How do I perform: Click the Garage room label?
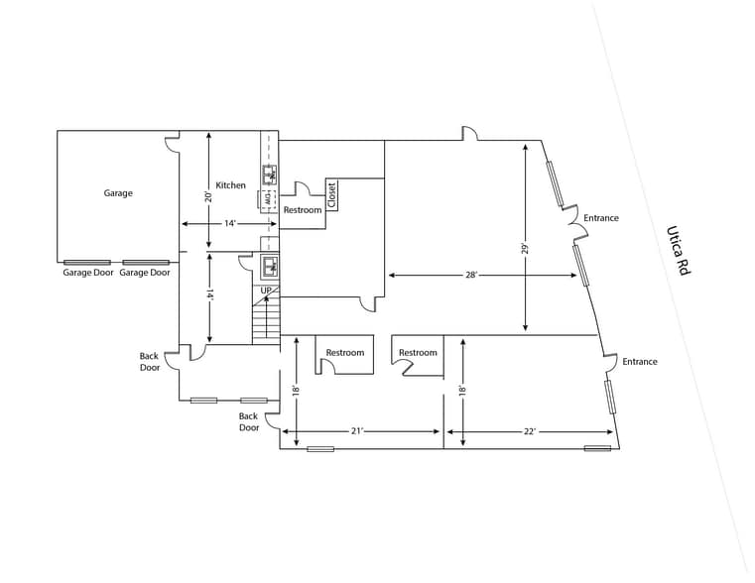click(118, 193)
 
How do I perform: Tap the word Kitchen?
click(230, 185)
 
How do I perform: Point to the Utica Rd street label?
click(678, 251)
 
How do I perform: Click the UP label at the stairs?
click(266, 291)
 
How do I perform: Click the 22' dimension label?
click(530, 431)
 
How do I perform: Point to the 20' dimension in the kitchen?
click(207, 196)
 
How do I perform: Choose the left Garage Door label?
click(87, 273)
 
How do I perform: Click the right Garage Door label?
click(145, 273)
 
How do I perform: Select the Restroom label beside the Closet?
click(303, 210)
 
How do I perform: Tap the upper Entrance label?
click(601, 218)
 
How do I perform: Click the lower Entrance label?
click(640, 362)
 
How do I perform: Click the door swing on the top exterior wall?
click(469, 134)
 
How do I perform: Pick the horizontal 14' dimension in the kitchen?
click(230, 224)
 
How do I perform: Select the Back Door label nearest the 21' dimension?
click(248, 422)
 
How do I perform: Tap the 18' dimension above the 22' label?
click(462, 391)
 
